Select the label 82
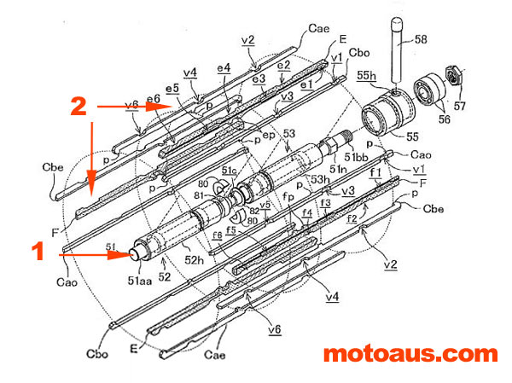(x=255, y=210)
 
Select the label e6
(x=154, y=100)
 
